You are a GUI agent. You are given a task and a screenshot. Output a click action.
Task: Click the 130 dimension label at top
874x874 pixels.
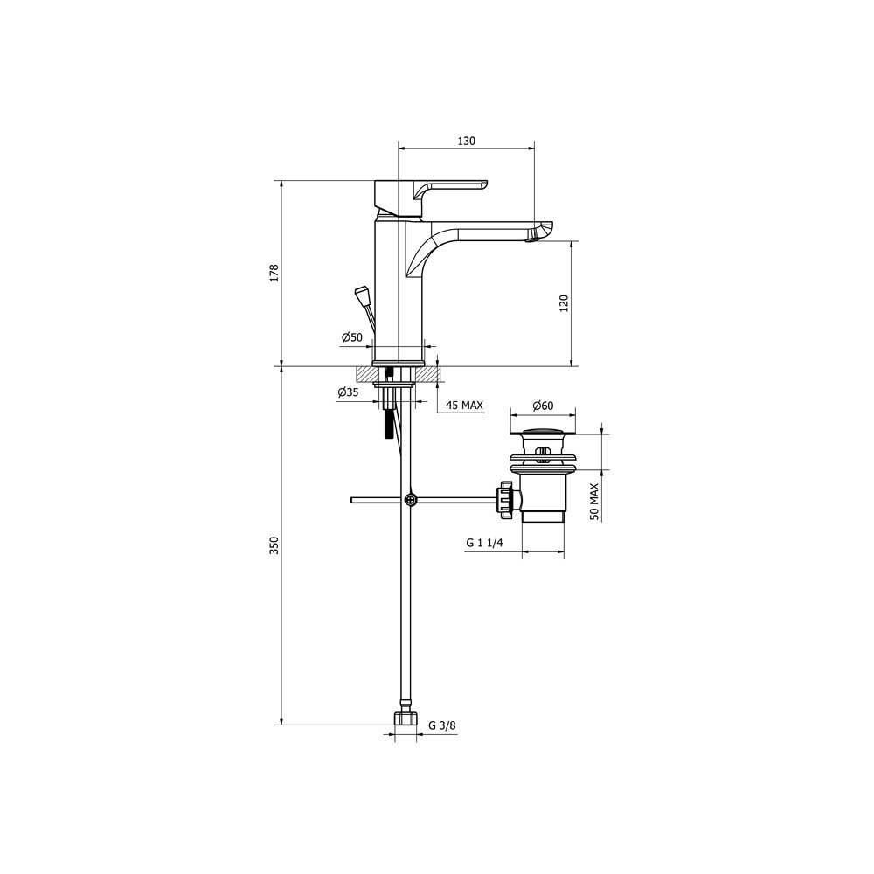[467, 141]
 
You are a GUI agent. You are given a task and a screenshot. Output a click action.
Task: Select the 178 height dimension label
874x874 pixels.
[274, 273]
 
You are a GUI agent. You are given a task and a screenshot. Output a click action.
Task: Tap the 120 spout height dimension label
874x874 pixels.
[564, 303]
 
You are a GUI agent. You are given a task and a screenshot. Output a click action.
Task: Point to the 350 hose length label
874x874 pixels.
[274, 545]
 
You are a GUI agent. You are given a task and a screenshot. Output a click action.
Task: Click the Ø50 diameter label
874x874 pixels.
[352, 337]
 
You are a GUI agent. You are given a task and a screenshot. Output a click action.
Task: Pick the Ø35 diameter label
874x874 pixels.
[348, 392]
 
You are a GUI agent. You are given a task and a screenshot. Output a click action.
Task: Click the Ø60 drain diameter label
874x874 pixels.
[543, 406]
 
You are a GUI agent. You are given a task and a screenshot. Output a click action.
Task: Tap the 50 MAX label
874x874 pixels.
[594, 502]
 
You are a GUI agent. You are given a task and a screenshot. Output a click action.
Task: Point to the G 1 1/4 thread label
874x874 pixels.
[484, 543]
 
